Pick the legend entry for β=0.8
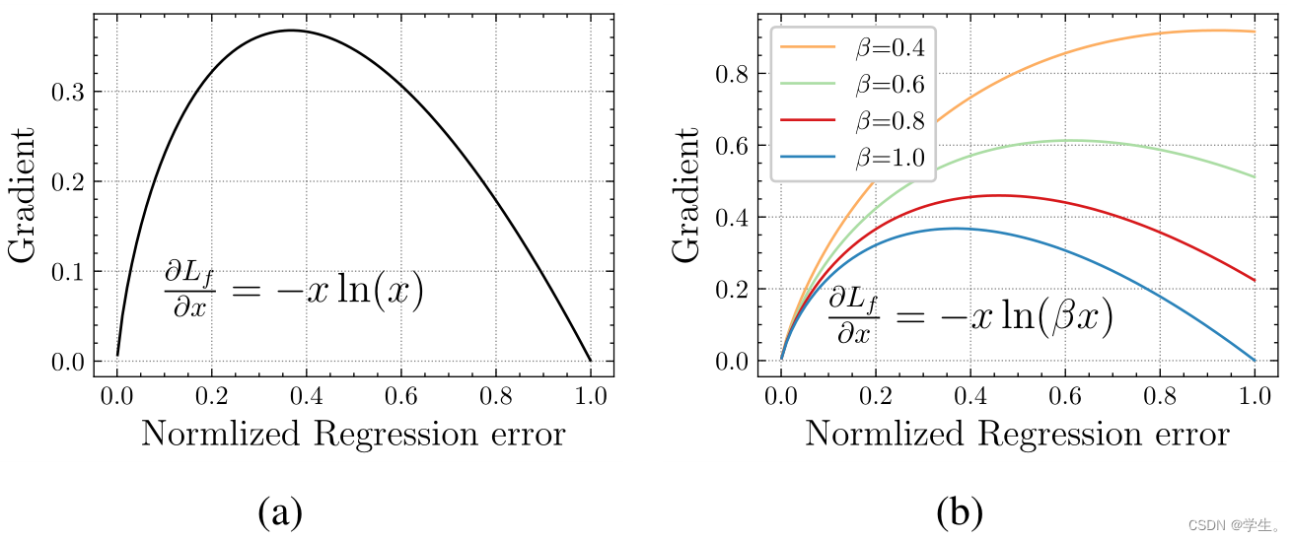(855, 121)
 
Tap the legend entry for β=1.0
(855, 159)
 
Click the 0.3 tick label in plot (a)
(69, 93)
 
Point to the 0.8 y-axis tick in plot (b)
(732, 75)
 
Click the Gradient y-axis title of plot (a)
(24, 195)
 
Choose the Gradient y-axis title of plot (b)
(687, 195)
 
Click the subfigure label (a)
(280, 512)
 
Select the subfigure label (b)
(959, 512)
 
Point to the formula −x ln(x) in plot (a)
(293, 291)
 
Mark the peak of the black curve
(291, 31)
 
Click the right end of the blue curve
(1255, 360)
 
